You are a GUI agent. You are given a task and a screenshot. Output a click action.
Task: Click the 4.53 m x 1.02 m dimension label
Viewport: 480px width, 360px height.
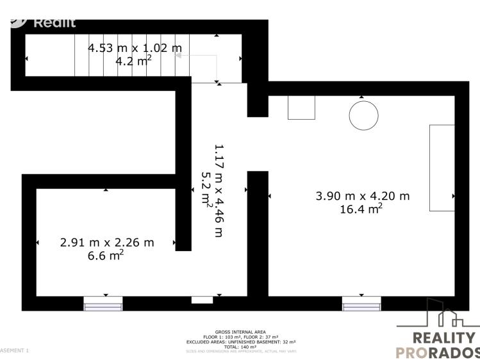(x=135, y=48)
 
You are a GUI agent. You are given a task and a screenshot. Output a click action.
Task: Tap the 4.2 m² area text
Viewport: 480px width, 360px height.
(x=133, y=61)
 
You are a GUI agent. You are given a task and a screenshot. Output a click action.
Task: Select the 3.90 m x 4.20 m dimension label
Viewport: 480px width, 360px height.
(x=362, y=196)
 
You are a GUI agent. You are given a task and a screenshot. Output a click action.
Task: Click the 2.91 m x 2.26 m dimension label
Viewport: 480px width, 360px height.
(x=107, y=243)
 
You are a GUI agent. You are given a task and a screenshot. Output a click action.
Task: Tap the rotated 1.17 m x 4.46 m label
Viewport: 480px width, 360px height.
(x=219, y=190)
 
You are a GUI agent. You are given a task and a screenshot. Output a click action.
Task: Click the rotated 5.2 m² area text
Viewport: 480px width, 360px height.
(x=206, y=190)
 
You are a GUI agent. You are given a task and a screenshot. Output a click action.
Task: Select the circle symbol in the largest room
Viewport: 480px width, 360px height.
(x=363, y=115)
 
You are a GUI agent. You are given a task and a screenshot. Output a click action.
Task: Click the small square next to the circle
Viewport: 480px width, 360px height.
(x=301, y=108)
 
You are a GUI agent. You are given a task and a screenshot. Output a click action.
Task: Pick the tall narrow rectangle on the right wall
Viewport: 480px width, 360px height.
(x=442, y=168)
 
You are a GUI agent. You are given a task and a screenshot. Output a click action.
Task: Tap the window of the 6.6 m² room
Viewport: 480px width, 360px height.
(x=103, y=304)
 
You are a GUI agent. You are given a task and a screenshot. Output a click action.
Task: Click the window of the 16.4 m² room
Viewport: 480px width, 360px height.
(x=361, y=304)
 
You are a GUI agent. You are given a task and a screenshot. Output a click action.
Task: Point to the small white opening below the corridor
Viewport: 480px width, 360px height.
(x=202, y=300)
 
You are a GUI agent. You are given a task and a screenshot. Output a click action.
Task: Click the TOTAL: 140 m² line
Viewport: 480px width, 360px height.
(x=242, y=346)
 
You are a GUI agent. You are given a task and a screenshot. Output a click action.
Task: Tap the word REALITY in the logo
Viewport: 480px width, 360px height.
(x=445, y=338)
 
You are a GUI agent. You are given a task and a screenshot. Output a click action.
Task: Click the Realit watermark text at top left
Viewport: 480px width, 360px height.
(x=54, y=23)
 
